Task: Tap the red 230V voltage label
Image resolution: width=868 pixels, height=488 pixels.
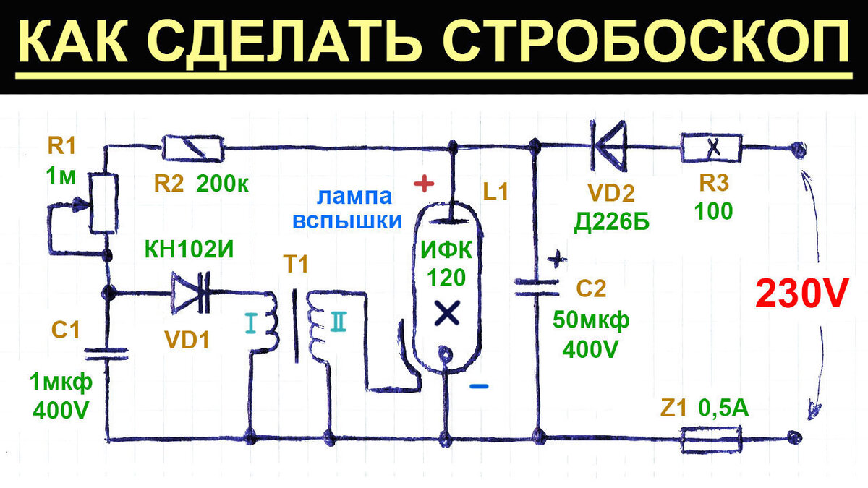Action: pyautogui.click(x=802, y=294)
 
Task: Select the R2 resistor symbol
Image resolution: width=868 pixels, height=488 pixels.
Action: pyautogui.click(x=193, y=148)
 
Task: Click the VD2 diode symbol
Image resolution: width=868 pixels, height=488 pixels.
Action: pyautogui.click(x=608, y=146)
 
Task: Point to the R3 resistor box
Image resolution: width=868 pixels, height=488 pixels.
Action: pyautogui.click(x=712, y=147)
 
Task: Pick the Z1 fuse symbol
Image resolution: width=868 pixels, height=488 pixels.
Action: pyautogui.click(x=712, y=440)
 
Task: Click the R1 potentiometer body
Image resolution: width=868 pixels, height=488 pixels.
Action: pyautogui.click(x=104, y=203)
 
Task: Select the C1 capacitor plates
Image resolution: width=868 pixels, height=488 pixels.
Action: pyautogui.click(x=107, y=354)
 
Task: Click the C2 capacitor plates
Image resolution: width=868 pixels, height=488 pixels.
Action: pyautogui.click(x=537, y=288)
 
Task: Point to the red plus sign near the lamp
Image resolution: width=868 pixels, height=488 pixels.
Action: pyautogui.click(x=424, y=183)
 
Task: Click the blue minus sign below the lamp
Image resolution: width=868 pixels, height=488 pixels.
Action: pyautogui.click(x=479, y=386)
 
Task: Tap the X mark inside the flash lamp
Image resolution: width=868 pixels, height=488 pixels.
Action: pyautogui.click(x=447, y=313)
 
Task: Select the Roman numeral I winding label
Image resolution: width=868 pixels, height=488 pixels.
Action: pyautogui.click(x=251, y=323)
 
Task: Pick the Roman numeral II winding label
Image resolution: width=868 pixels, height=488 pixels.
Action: pyautogui.click(x=339, y=322)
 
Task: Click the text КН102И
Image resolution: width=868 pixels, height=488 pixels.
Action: pyautogui.click(x=189, y=250)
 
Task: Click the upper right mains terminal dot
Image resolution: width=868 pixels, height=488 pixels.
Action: pyautogui.click(x=799, y=149)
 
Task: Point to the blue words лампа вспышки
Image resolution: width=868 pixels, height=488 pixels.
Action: pyautogui.click(x=347, y=209)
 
